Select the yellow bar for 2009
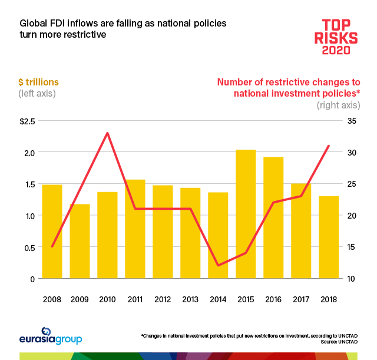[80, 241]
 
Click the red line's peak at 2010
[107, 133]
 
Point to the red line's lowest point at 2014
[218, 265]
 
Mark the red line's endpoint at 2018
[329, 146]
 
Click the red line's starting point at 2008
[52, 246]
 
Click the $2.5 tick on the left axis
[27, 121]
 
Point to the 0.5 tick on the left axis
[29, 247]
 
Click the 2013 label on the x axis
[190, 299]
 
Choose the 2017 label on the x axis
[301, 299]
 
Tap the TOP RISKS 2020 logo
[339, 37]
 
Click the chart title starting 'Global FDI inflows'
[123, 29]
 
